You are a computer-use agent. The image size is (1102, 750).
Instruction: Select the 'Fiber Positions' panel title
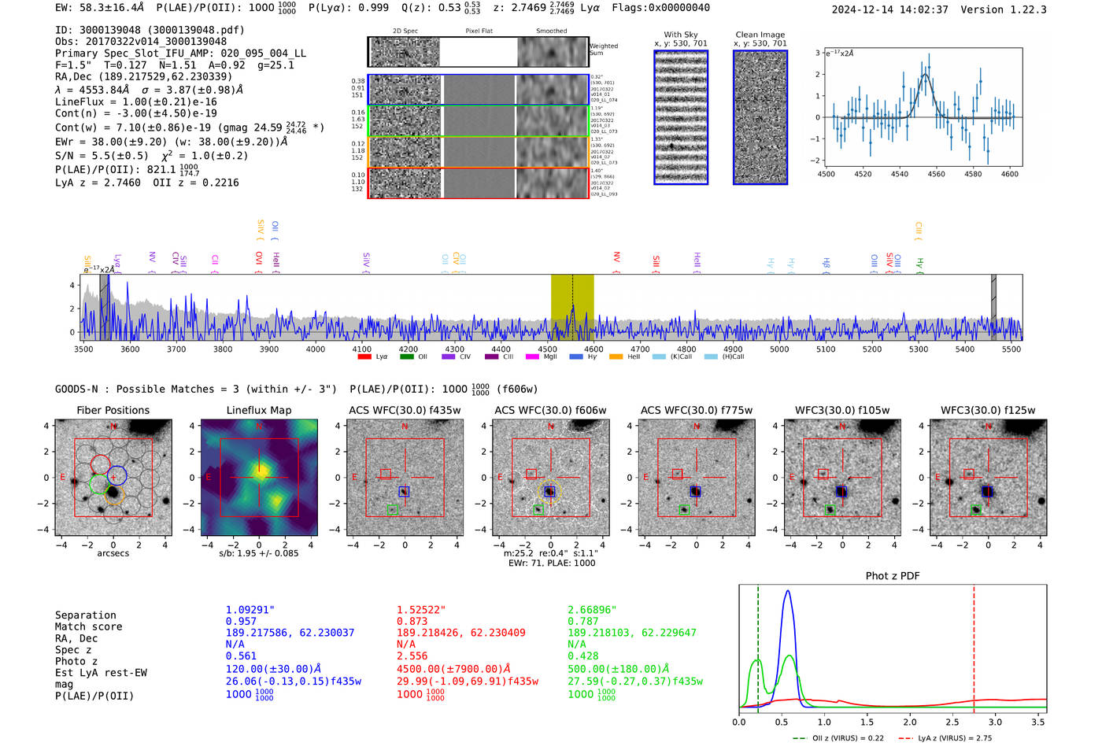(113, 410)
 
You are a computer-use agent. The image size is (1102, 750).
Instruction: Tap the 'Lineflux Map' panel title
(258, 410)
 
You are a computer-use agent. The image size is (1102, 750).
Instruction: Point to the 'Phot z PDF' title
(892, 576)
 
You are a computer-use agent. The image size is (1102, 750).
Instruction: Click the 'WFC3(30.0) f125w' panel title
(988, 410)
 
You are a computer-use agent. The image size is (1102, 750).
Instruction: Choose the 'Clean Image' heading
(760, 35)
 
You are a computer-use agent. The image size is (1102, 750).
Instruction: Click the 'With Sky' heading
(680, 35)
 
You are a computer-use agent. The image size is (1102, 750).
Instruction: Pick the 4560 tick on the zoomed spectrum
(936, 174)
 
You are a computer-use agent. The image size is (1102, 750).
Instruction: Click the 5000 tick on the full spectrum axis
(779, 349)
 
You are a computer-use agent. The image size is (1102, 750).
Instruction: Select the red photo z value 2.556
(412, 656)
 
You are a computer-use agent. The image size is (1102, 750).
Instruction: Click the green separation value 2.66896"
(592, 610)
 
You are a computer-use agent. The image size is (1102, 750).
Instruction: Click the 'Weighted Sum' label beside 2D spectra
(604, 50)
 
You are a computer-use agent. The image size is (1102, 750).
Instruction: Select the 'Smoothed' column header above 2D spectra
(551, 31)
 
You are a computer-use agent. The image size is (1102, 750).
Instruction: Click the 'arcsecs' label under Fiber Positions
(113, 553)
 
